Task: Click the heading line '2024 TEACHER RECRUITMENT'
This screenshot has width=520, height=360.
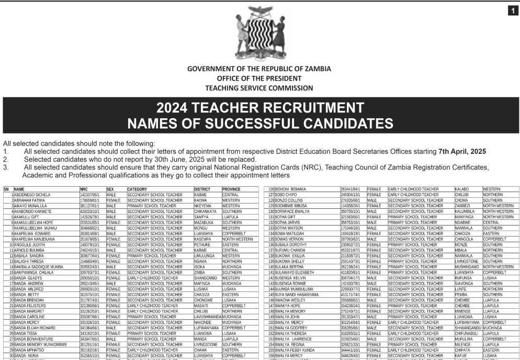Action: click(x=260, y=108)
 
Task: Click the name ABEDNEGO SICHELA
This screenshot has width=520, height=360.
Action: click(x=32, y=194)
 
